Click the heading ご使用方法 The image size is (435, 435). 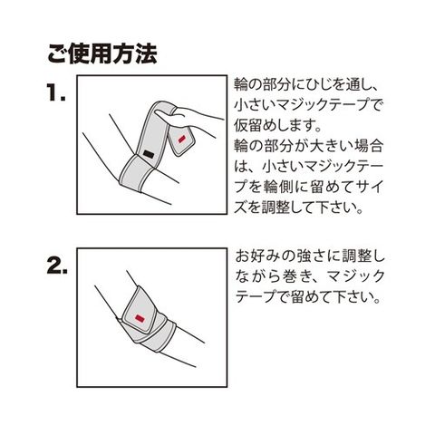102,54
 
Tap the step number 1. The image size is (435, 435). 56,92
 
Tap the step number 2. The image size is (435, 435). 57,266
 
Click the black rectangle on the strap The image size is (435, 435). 149,154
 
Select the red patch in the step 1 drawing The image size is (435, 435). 181,139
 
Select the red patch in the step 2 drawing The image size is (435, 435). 140,318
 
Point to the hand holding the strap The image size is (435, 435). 190,120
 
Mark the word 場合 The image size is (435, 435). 369,146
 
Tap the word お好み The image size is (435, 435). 256,257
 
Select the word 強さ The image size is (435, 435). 310,257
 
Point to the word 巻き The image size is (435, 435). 294,277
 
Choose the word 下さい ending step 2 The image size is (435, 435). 347,297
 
